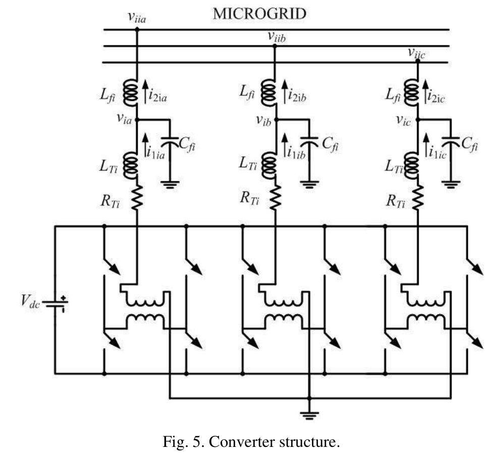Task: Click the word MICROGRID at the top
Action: click(x=259, y=14)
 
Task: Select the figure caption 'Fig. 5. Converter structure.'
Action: click(x=251, y=442)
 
